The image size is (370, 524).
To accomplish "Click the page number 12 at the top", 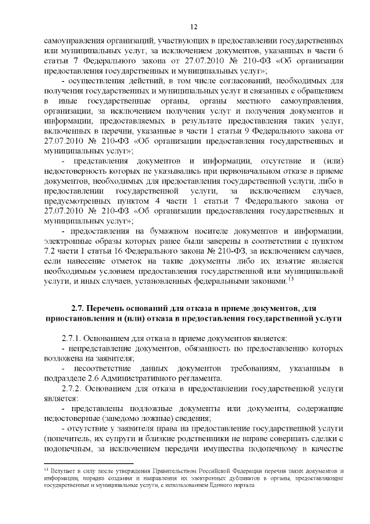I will click(x=194, y=26).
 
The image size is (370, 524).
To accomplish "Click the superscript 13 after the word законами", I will click(x=291, y=279).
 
